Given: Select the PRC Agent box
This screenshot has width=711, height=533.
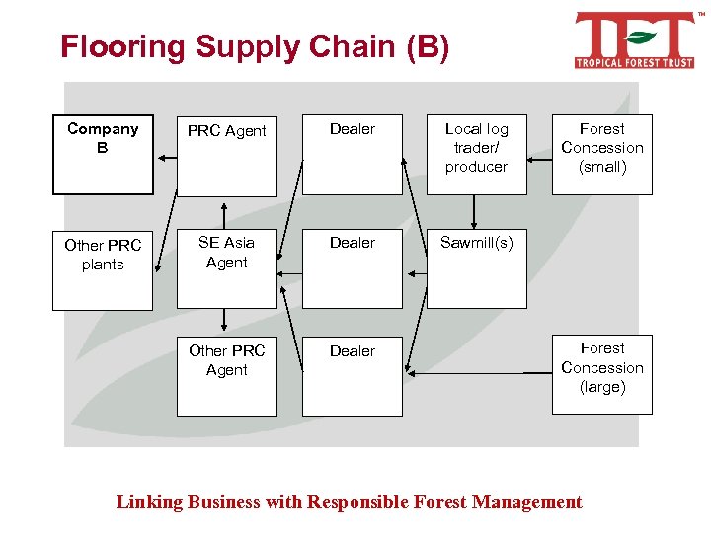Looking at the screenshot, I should (227, 155).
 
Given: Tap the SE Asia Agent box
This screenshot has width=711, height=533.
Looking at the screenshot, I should (227, 267).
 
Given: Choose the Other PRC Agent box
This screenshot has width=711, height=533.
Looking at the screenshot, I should (227, 375).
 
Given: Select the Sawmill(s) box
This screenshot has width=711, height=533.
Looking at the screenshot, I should (476, 267).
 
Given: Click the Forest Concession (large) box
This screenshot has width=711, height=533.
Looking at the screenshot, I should (601, 375).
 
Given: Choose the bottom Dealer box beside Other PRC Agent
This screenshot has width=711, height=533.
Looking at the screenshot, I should (353, 375).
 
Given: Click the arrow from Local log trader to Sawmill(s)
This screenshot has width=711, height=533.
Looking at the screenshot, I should (475, 212).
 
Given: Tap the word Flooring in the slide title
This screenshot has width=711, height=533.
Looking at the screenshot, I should (123, 47).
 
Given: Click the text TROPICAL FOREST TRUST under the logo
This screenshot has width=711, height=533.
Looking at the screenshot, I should (634, 62).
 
